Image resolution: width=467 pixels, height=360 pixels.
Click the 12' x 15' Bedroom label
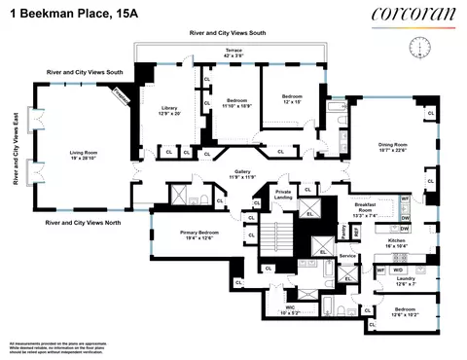click(x=293, y=99)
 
